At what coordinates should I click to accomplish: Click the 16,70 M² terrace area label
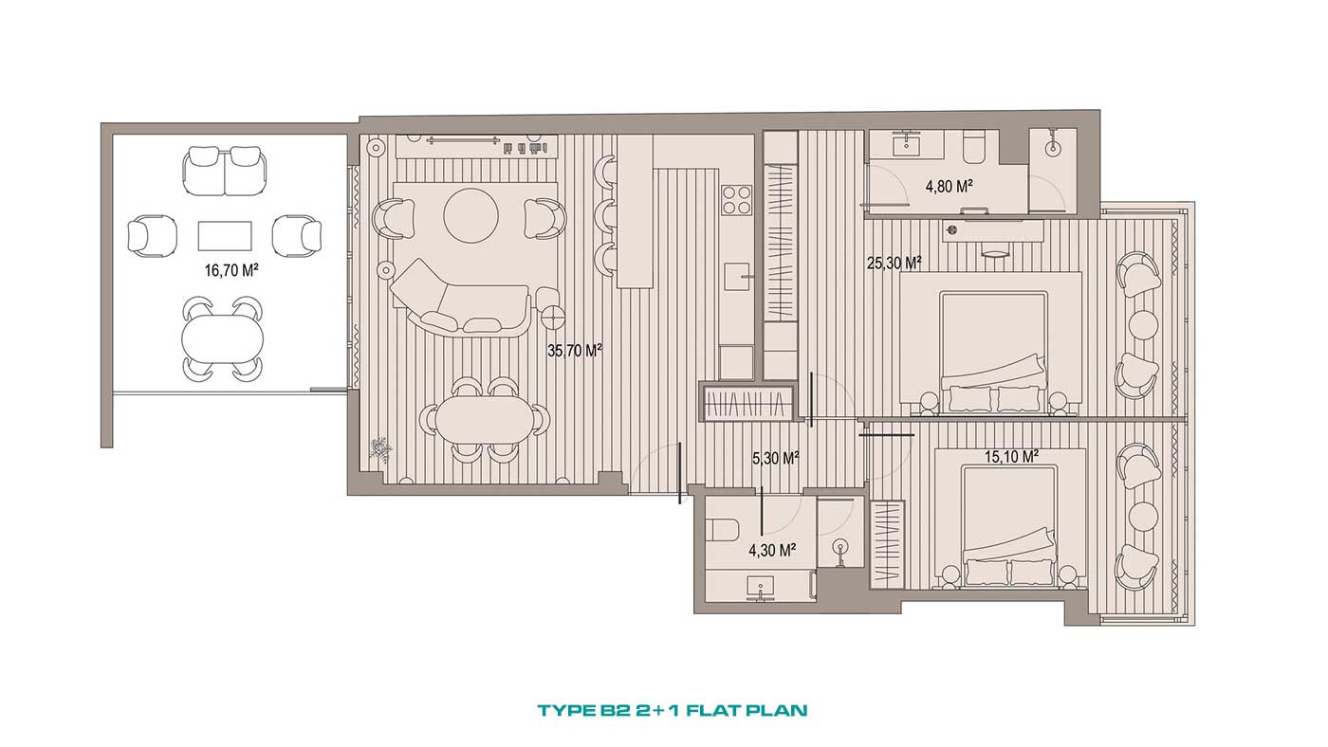pyautogui.click(x=231, y=271)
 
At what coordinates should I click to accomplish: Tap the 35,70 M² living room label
pyautogui.click(x=575, y=351)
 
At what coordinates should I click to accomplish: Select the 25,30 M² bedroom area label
pyautogui.click(x=894, y=263)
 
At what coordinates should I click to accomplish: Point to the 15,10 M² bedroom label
pyautogui.click(x=1011, y=457)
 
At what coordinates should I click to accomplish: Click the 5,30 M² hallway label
pyautogui.click(x=776, y=459)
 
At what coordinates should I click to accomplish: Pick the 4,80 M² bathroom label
pyautogui.click(x=950, y=187)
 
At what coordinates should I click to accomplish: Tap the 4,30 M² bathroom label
pyautogui.click(x=772, y=551)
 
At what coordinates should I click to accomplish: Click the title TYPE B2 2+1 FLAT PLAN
pyautogui.click(x=673, y=710)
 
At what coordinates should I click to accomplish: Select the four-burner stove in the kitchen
pyautogui.click(x=737, y=200)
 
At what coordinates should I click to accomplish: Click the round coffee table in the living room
pyautogui.click(x=470, y=215)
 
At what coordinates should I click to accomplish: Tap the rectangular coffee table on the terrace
pyautogui.click(x=225, y=236)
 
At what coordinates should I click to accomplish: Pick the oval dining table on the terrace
pyautogui.click(x=222, y=337)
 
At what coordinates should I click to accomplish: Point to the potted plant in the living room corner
pyautogui.click(x=379, y=447)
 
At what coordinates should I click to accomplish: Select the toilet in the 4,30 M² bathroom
pyautogui.click(x=723, y=529)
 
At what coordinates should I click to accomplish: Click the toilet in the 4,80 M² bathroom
pyautogui.click(x=974, y=148)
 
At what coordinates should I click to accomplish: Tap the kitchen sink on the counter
pyautogui.click(x=737, y=277)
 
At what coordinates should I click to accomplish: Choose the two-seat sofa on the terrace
pyautogui.click(x=225, y=172)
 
